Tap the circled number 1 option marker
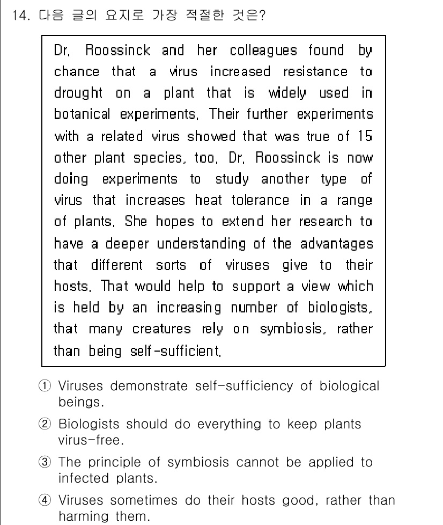[47, 387]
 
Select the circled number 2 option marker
[47, 425]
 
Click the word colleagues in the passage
[264, 51]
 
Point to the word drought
[78, 93]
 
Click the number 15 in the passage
[365, 136]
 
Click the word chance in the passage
[77, 72]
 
